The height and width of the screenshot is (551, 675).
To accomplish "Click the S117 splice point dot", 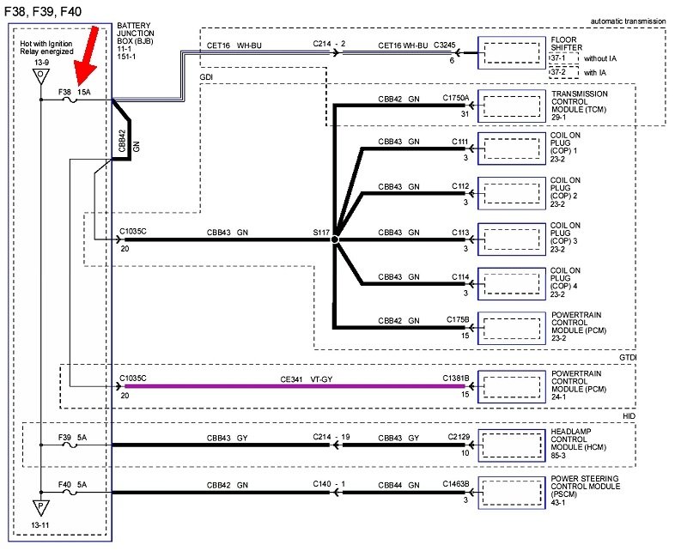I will tap(335, 239).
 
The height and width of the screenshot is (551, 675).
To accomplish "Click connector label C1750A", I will tap(456, 98).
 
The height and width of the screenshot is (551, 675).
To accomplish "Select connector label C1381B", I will tap(456, 378).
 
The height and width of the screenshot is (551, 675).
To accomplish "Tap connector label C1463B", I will tap(456, 485).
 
